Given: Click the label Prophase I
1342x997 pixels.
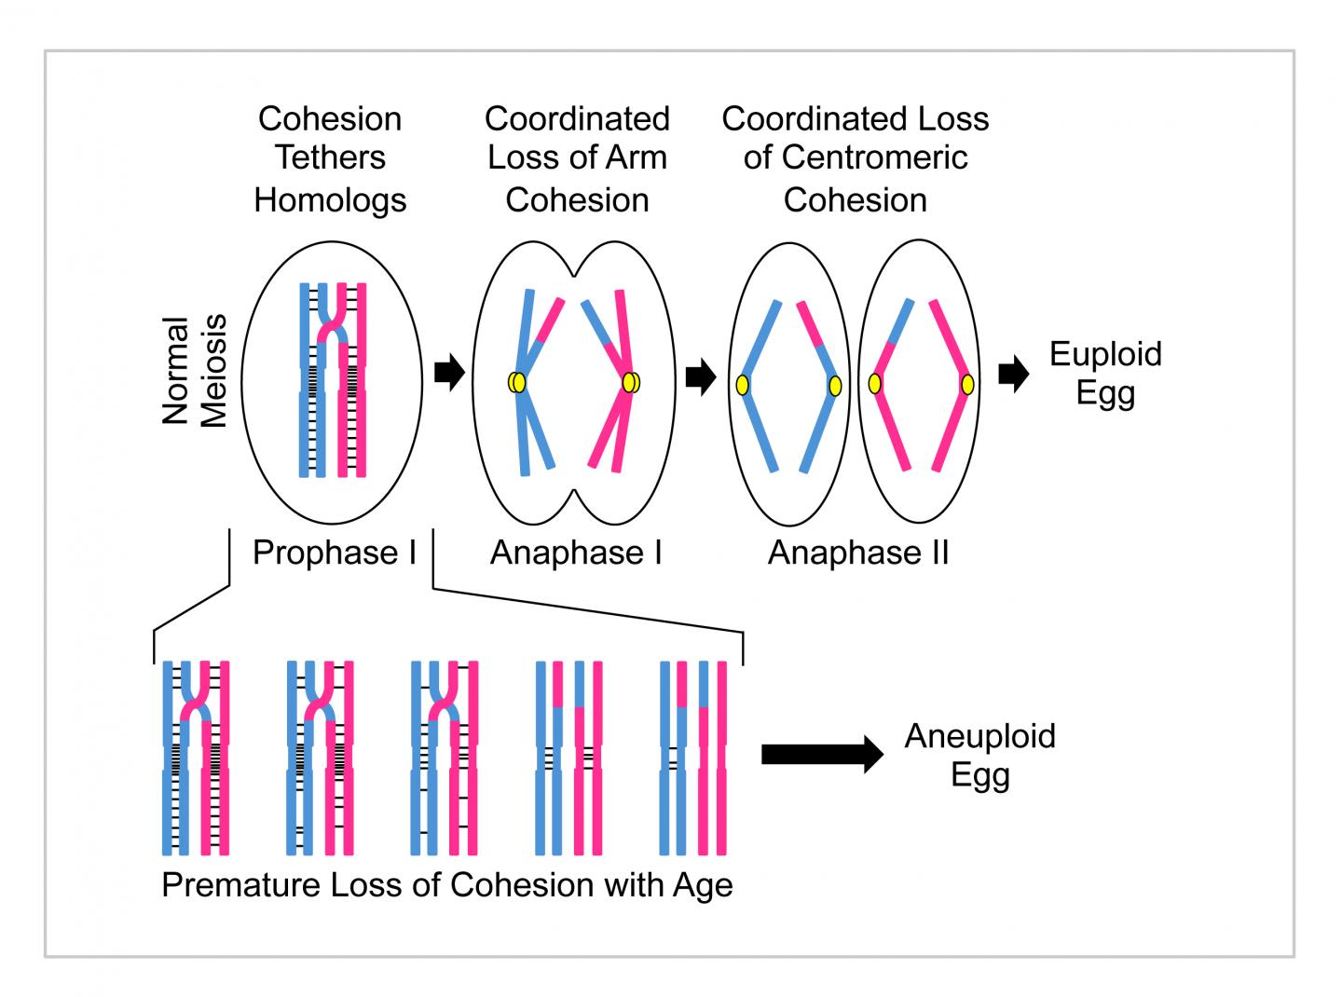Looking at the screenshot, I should point(334,553).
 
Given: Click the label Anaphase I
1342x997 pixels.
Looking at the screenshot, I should point(576,553).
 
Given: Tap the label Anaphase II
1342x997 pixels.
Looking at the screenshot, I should point(857,553).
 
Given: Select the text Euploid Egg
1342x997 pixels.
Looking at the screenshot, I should point(1105,373).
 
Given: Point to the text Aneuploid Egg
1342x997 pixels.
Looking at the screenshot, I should point(979,755).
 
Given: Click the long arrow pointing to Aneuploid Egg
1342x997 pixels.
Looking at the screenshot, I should point(821,754).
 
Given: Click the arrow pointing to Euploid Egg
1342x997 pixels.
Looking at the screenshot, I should point(1013,375).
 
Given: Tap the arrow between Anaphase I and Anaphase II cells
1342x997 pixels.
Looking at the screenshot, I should point(700,377).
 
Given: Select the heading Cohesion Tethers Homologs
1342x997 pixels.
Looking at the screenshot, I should point(330,158).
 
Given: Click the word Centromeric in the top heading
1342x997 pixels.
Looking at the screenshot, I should point(855,157).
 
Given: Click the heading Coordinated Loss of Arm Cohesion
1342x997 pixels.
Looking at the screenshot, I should point(577,158).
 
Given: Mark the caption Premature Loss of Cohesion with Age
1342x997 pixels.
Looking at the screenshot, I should point(446,884).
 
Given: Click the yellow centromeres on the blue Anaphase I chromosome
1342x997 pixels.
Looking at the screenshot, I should point(517,382).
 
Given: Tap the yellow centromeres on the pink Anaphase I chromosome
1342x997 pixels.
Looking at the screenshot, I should point(631,382).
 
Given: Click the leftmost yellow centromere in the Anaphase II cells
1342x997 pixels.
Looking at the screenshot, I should point(743,385).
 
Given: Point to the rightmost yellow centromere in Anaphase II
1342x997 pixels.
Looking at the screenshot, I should point(967,384).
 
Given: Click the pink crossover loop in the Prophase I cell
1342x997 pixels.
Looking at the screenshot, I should point(331,328).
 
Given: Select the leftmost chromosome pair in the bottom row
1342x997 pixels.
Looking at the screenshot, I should point(196,757).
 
